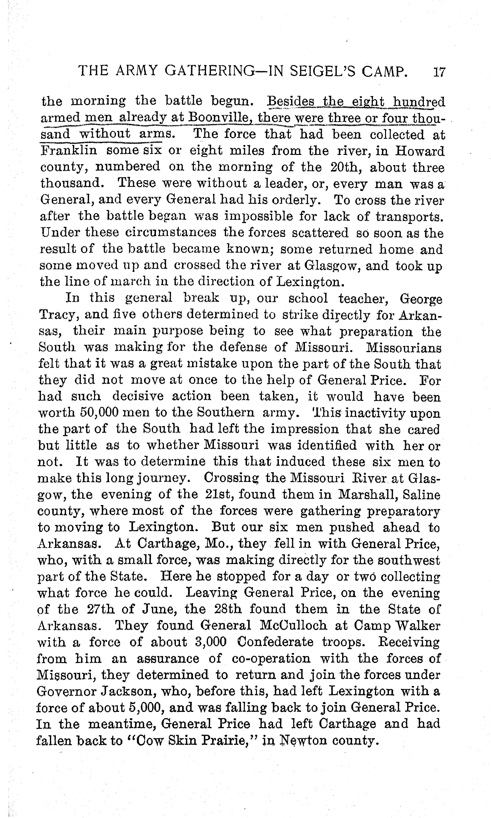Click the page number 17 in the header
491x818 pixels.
tap(439, 72)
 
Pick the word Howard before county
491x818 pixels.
tap(420, 151)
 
